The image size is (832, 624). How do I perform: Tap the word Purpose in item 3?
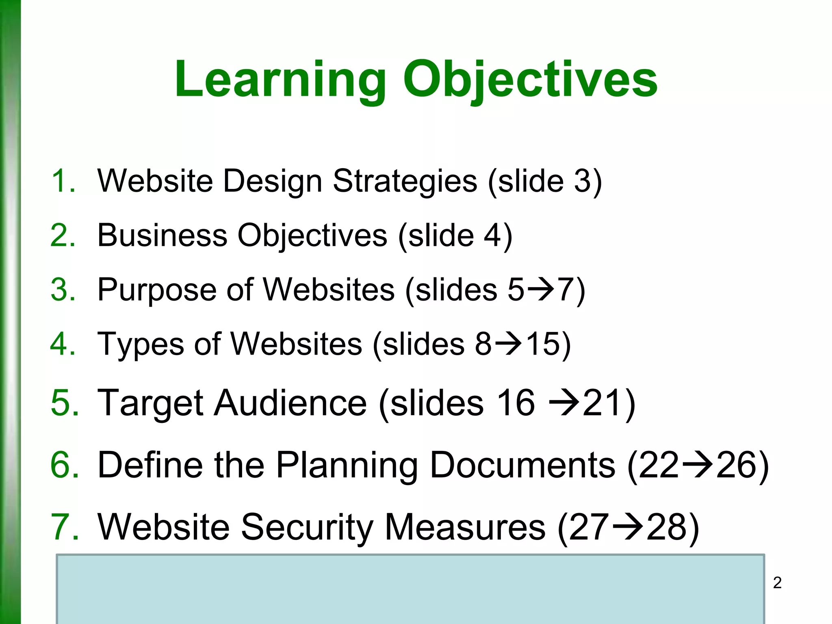(x=157, y=290)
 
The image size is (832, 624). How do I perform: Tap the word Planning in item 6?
(x=347, y=466)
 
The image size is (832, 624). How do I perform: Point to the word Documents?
(x=522, y=465)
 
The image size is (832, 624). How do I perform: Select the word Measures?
(x=465, y=527)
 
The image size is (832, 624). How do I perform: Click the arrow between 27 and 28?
(x=628, y=527)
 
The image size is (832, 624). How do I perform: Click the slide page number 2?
(x=777, y=583)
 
